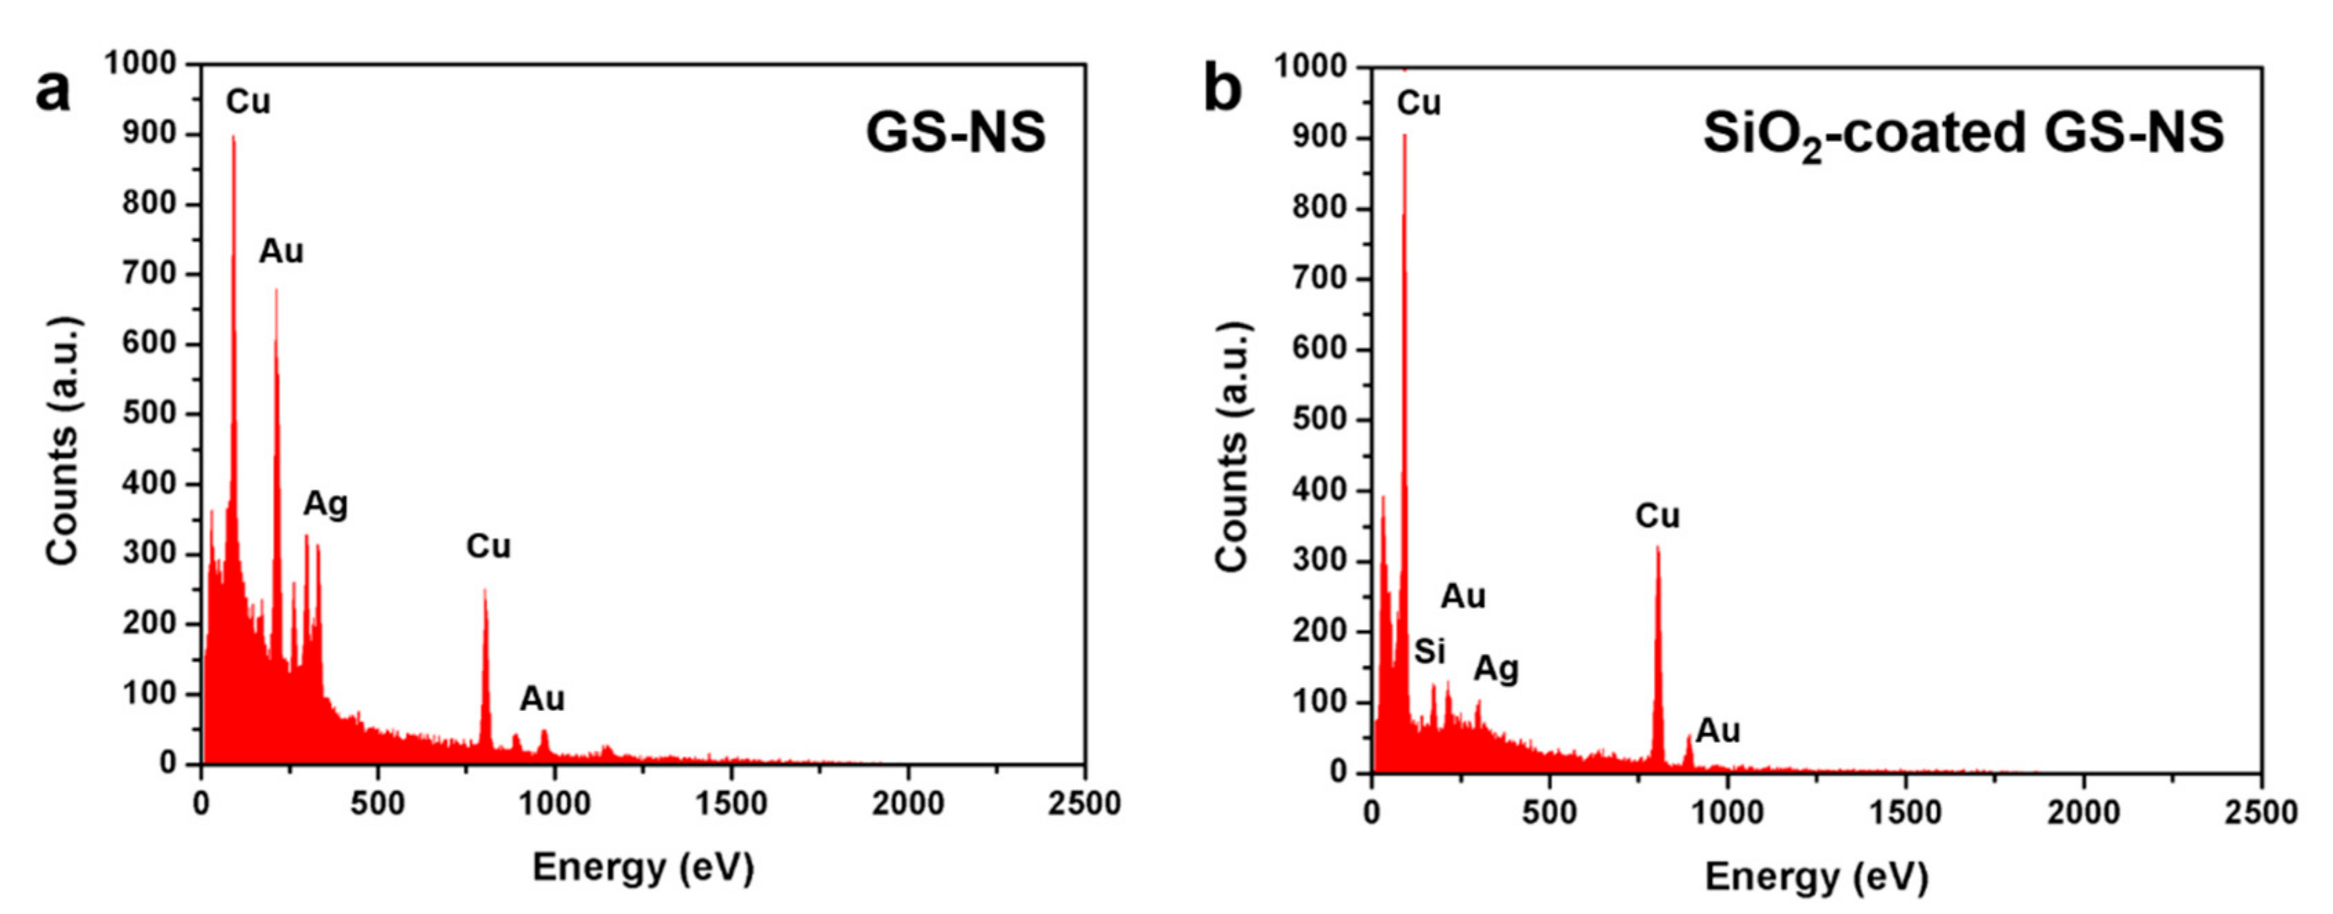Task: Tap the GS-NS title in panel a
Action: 955,132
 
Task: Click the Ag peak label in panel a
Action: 325,504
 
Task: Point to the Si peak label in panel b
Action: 1430,650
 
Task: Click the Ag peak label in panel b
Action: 1496,668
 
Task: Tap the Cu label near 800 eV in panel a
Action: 488,546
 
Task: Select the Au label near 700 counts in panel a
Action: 281,251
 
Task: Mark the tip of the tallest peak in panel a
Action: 232,137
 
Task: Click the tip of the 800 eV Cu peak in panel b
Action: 1658,547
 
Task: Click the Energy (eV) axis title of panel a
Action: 643,867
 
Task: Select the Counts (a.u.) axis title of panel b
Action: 1233,446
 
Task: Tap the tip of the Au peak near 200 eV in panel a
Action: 276,290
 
